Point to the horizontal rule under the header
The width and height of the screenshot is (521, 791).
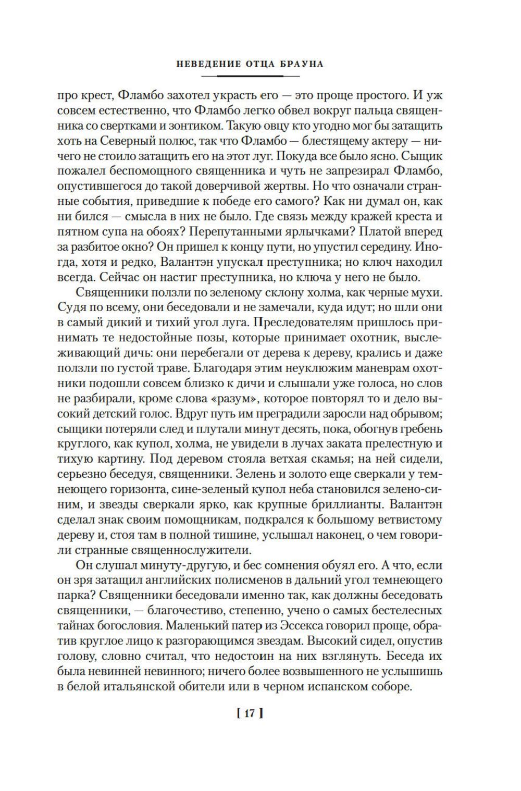[250, 77]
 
